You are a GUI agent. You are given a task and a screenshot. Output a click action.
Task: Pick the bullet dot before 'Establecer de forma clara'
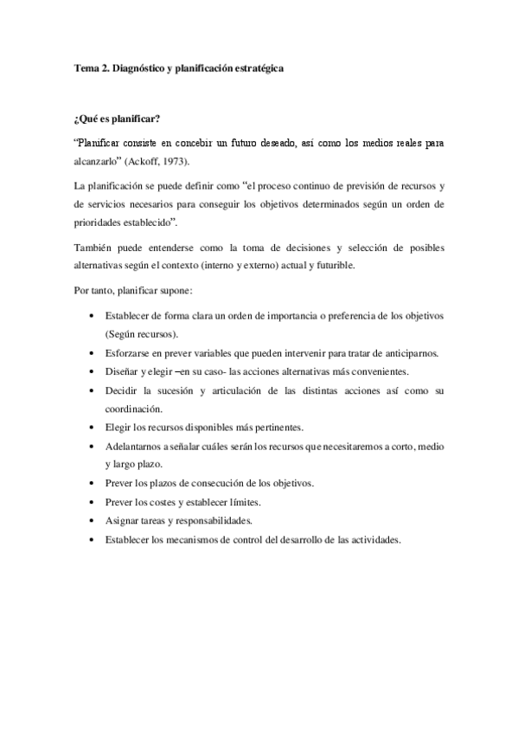click(93, 317)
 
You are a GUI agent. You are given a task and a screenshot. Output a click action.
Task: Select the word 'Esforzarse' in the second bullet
click(128, 353)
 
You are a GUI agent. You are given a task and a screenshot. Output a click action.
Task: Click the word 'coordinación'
click(136, 409)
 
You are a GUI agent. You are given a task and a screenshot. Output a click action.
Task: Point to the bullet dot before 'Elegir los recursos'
click(93, 428)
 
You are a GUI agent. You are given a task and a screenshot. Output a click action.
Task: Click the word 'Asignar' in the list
click(123, 520)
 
